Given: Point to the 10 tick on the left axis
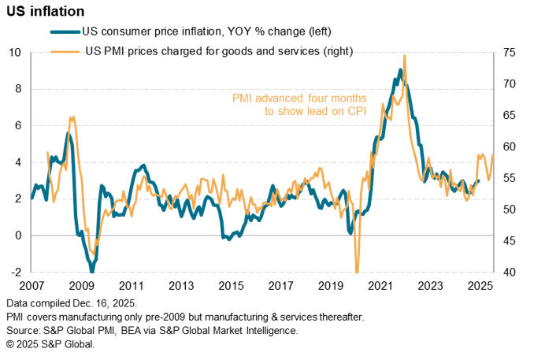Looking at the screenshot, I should point(17,53).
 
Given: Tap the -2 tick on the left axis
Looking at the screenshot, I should point(17,273).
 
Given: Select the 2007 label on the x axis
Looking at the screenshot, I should point(32,285).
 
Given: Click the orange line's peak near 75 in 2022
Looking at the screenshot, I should point(404,56).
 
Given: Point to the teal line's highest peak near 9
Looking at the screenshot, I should point(400,70).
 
